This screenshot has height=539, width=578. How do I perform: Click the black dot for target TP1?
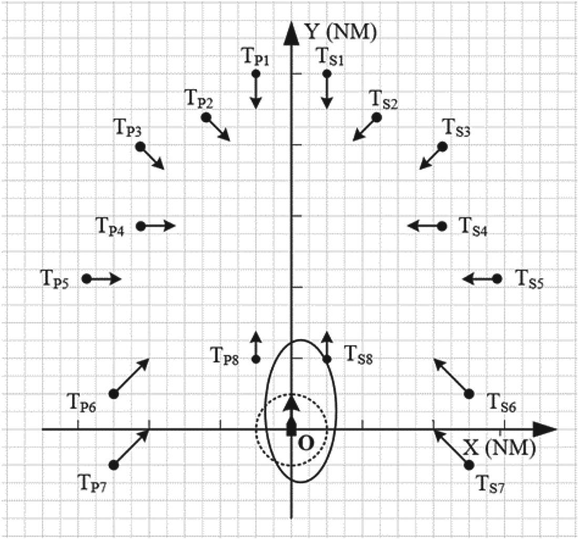[x=256, y=74]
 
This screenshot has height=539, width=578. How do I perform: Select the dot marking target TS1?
[x=327, y=74]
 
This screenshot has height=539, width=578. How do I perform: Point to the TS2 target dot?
[x=376, y=117]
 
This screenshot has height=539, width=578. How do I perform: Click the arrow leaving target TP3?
[x=153, y=158]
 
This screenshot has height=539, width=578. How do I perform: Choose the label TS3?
[x=457, y=127]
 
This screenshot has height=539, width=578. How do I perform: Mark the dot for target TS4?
[x=442, y=226]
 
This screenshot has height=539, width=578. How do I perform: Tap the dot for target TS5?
[x=497, y=278]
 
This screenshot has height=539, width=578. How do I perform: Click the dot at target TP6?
[x=113, y=393]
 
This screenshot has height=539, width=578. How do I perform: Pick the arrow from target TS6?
[x=451, y=376]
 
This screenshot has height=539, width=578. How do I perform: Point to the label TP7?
[x=94, y=482]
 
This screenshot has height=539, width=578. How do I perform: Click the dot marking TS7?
[x=469, y=464]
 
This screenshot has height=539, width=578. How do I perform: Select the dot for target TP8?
[x=256, y=359]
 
